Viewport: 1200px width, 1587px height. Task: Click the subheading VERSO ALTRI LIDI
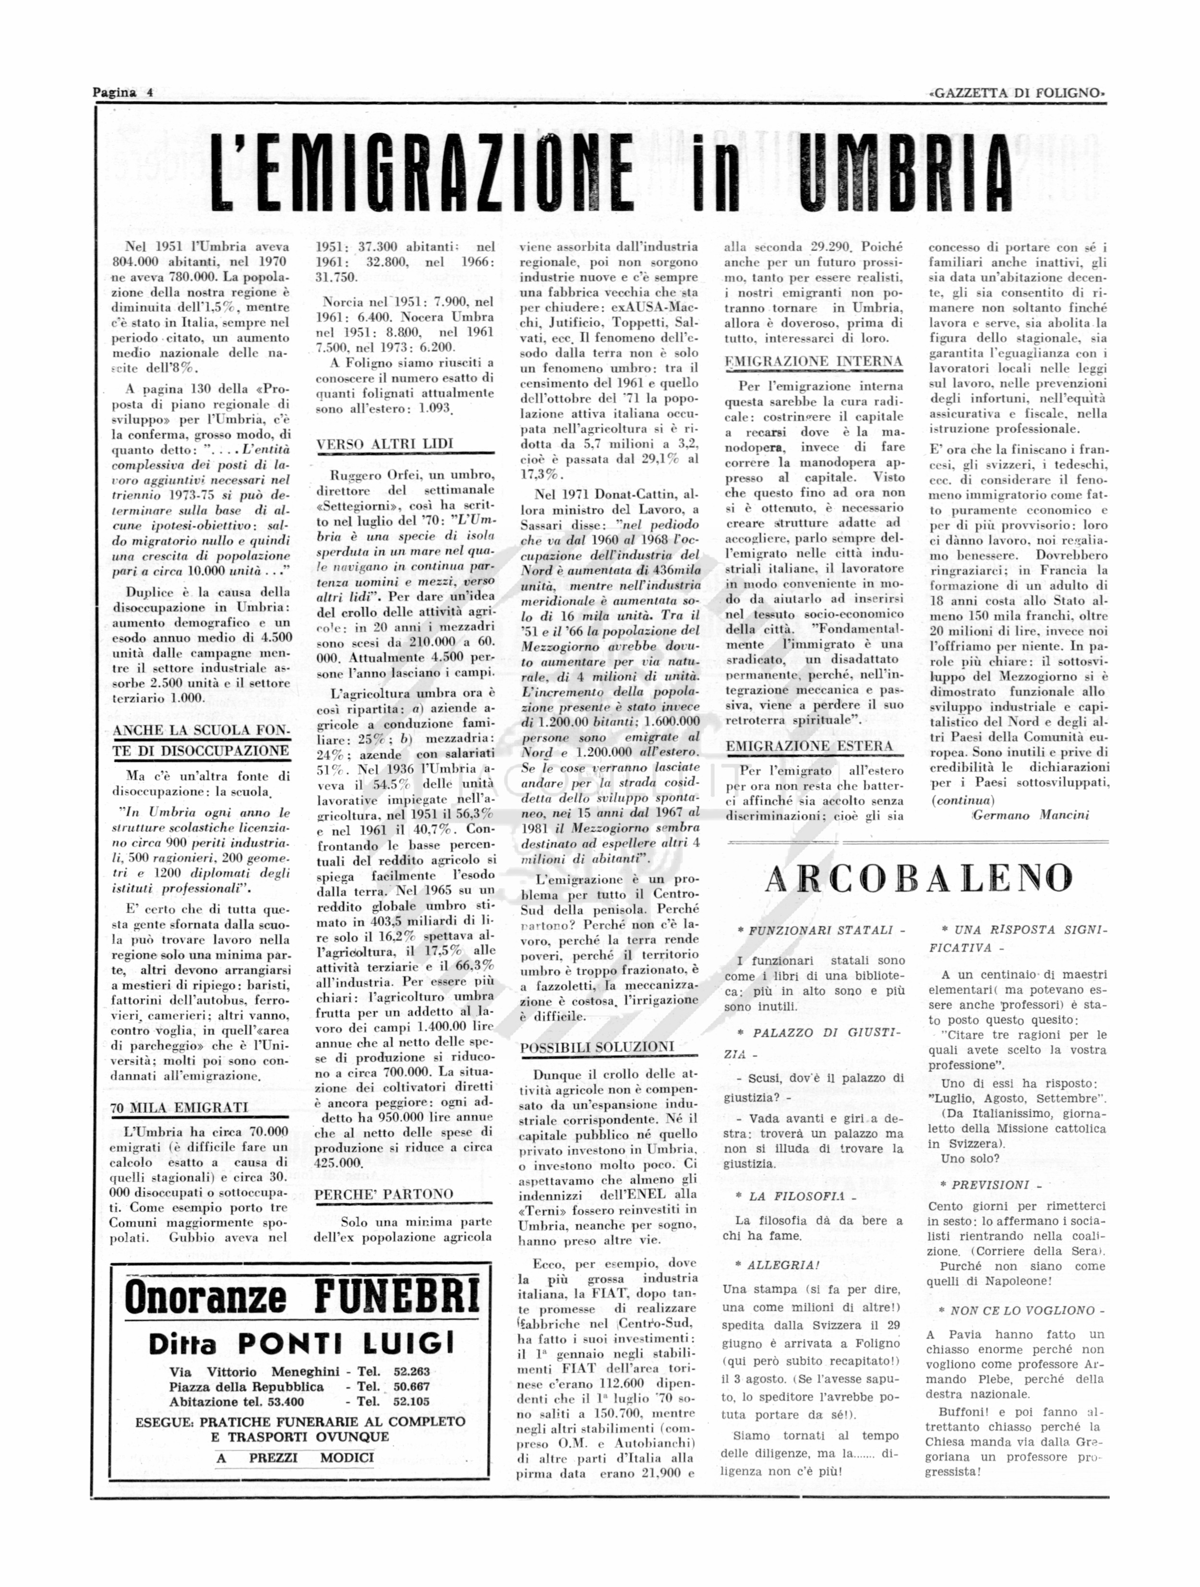[384, 443]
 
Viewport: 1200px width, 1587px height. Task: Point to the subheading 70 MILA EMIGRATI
[180, 1107]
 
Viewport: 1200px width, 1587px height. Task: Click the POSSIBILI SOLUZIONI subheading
[597, 1047]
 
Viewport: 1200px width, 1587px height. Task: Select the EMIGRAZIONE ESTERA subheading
[809, 746]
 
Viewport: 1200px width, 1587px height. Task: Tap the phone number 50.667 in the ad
[411, 1386]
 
